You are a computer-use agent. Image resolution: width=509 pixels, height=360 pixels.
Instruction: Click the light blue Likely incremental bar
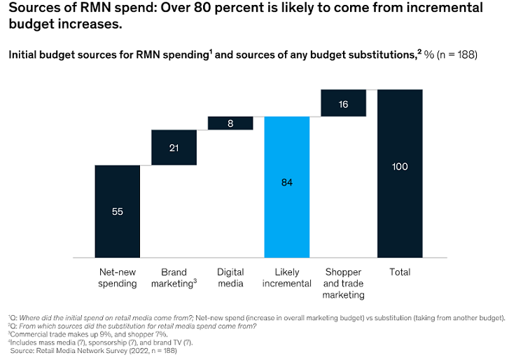coord(286,186)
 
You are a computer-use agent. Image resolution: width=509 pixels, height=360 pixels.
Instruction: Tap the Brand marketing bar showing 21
coord(174,148)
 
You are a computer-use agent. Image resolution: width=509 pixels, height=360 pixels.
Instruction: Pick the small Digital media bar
coord(230,123)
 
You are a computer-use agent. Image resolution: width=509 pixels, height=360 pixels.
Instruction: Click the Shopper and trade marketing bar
coord(343,103)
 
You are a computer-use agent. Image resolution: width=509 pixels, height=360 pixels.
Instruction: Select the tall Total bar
coord(400,174)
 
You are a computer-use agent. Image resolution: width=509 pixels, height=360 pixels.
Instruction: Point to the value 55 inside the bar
coord(117,212)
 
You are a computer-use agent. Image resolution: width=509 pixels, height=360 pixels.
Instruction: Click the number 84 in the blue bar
coord(286,182)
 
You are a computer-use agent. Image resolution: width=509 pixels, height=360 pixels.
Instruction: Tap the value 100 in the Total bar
coord(400,167)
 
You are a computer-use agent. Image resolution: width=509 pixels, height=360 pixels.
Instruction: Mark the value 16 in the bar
coord(343,104)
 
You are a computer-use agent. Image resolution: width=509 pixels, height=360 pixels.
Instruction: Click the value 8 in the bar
coord(230,123)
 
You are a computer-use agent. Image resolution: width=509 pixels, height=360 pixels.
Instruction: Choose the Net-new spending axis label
coord(117,277)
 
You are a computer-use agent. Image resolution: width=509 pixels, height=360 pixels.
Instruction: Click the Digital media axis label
coord(230,277)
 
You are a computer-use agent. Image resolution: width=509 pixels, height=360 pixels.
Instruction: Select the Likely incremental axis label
coord(286,277)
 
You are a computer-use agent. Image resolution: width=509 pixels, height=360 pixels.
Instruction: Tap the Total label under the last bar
coord(400,272)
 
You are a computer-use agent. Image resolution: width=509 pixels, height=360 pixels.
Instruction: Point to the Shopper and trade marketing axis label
coord(343,283)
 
